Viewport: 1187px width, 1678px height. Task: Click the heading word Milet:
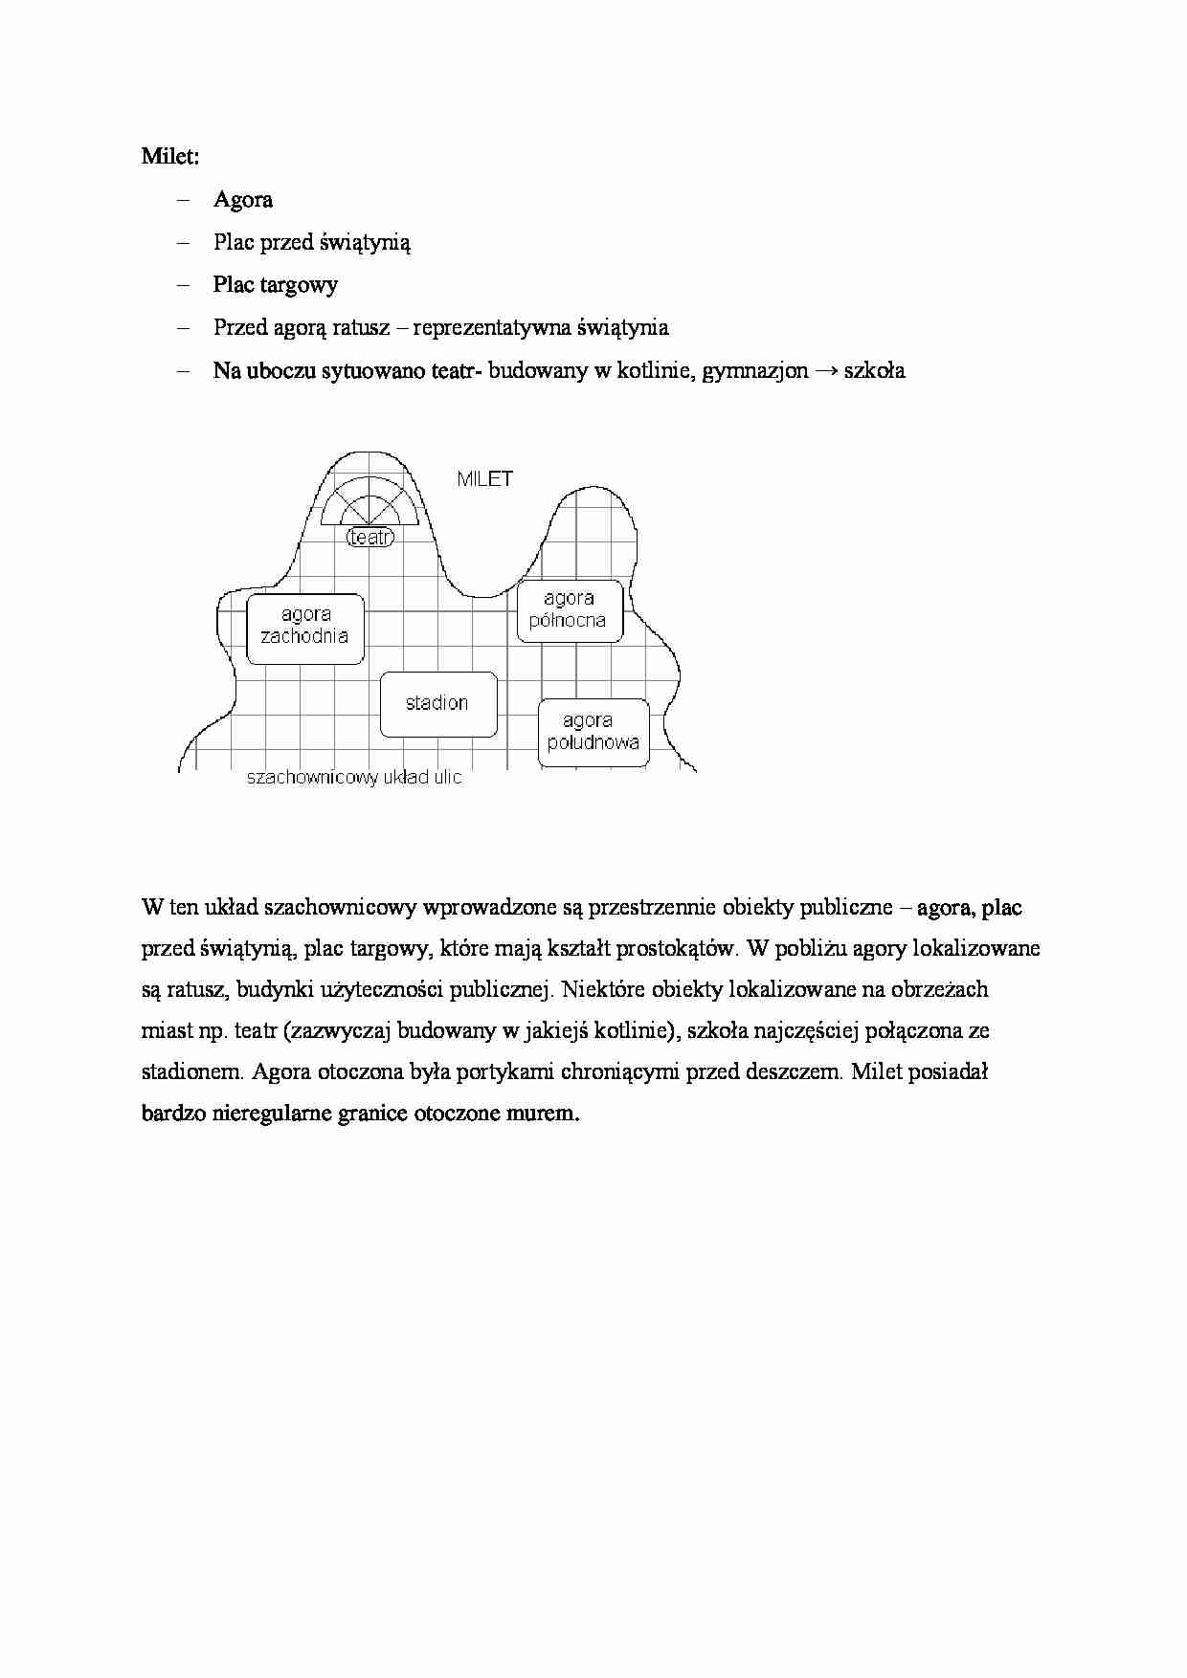[x=170, y=157]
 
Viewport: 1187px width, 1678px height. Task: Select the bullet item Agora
[x=243, y=200]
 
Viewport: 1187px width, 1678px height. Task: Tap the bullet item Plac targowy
[x=276, y=285]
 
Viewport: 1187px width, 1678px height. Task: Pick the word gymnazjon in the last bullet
[x=755, y=371]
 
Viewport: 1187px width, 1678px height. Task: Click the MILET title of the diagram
[x=484, y=479]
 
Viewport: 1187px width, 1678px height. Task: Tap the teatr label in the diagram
[x=370, y=537]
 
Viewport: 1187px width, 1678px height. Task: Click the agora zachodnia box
[x=305, y=628]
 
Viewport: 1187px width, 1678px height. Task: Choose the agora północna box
[x=570, y=610]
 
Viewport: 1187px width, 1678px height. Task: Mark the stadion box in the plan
[x=438, y=704]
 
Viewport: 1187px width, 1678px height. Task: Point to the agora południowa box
[x=593, y=732]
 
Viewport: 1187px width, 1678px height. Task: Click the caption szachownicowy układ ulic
[x=354, y=778]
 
